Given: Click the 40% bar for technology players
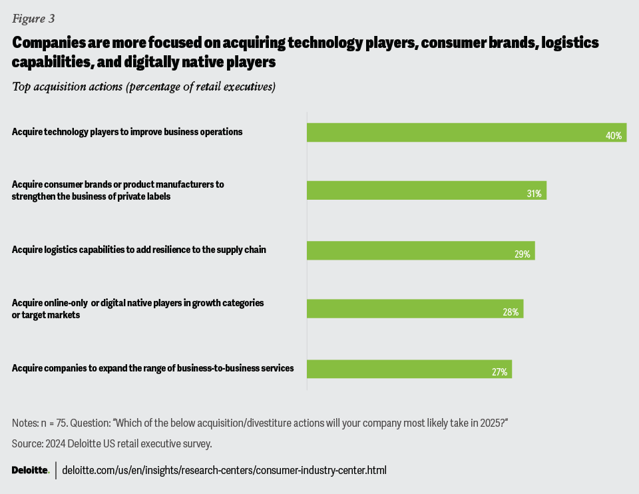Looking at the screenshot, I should (466, 132).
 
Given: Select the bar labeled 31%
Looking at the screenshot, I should (426, 190).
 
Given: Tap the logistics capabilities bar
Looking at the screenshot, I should (420, 250).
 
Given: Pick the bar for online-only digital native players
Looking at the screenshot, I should (414, 308).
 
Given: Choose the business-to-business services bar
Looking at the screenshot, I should (409, 368).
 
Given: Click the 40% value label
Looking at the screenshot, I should (613, 136).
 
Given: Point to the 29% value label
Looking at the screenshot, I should (522, 254).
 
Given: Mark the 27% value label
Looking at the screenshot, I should (500, 372).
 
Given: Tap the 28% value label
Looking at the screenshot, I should (511, 312).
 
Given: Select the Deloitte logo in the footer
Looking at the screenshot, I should (31, 470).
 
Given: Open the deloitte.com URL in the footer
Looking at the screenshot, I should (224, 470).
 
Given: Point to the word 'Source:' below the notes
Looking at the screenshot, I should (27, 443).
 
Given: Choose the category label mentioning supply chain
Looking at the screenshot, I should (138, 250).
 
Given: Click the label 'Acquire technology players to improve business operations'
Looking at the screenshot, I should (126, 132).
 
